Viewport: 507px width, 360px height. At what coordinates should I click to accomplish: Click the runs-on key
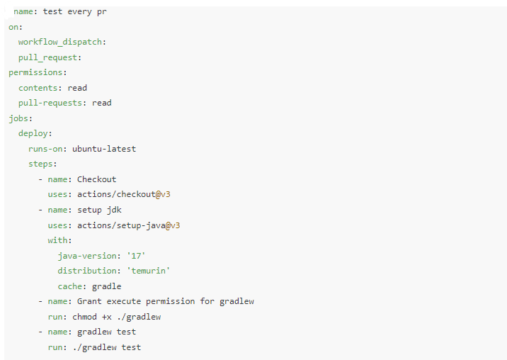pos(47,149)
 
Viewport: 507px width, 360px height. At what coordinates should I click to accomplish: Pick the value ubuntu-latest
pos(104,149)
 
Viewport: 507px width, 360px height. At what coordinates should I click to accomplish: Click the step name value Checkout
pos(96,179)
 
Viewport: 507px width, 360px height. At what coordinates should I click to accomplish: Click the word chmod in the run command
pos(84,317)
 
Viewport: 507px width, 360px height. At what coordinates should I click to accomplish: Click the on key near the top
pos(13,27)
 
